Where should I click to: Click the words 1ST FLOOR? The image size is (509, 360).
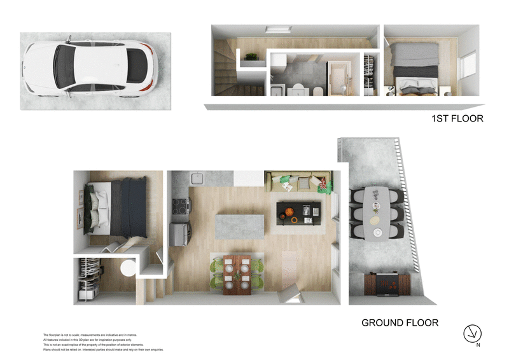[457, 118]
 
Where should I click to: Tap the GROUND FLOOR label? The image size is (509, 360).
[400, 322]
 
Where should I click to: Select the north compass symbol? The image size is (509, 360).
[472, 333]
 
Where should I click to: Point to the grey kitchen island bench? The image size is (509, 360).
[239, 226]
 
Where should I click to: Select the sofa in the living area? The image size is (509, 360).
[298, 183]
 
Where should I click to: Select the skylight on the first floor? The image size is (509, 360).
[277, 29]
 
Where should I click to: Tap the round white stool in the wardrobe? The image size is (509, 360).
[128, 268]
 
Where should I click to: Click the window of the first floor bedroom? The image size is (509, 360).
[470, 65]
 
